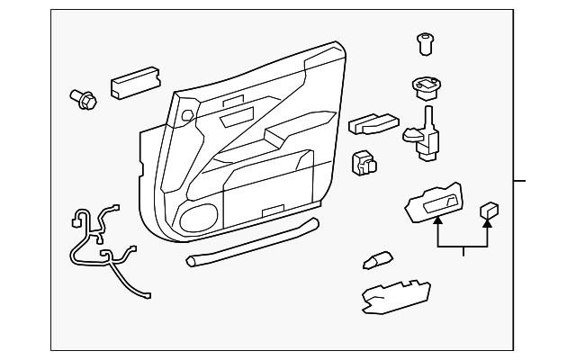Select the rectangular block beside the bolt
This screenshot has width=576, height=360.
[x=134, y=84]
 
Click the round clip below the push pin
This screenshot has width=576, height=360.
[x=423, y=87]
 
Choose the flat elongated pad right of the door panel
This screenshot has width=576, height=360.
[x=373, y=124]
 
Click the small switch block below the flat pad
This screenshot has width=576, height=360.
[x=364, y=162]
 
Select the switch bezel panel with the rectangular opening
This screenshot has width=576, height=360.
[x=436, y=202]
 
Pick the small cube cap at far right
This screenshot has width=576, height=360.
[x=490, y=211]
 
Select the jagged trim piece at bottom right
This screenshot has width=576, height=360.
[x=393, y=293]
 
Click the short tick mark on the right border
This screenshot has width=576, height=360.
[x=519, y=180]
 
